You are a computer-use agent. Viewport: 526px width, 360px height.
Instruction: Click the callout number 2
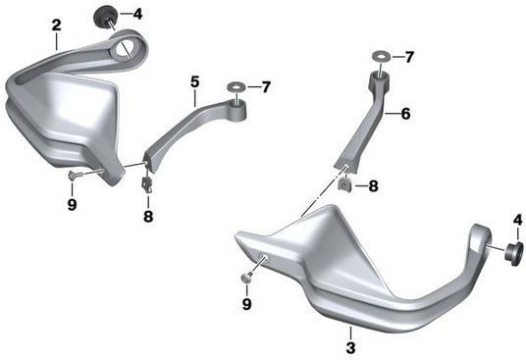(56, 26)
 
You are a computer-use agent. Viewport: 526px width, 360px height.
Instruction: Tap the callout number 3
(350, 347)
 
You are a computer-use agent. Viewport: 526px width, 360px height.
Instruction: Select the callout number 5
(195, 82)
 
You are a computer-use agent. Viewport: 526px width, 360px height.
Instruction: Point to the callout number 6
(405, 114)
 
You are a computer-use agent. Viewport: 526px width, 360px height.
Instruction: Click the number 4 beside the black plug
(137, 14)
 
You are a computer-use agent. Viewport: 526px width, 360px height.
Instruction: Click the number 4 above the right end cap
(517, 221)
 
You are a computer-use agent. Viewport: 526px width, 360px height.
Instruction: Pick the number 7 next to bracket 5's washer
(266, 87)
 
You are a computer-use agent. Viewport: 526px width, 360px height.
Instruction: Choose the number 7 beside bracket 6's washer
(409, 57)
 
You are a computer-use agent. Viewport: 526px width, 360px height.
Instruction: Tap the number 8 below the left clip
(148, 216)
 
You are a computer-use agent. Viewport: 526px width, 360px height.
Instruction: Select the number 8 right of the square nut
(373, 186)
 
